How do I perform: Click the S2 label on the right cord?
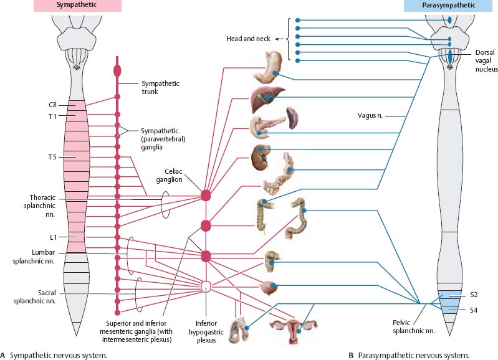pyautogui.click(x=474, y=295)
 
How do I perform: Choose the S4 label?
pyautogui.click(x=474, y=308)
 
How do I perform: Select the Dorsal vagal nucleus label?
pyautogui.click(x=484, y=61)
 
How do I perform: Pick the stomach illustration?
pyautogui.click(x=269, y=67)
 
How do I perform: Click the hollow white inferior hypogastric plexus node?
pyautogui.click(x=206, y=286)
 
